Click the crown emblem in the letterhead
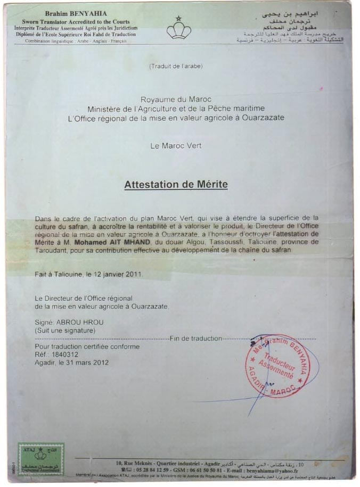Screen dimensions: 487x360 [179, 28]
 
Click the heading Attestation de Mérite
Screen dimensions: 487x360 [176, 185]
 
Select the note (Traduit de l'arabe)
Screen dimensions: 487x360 [176, 66]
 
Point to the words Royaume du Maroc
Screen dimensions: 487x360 [176, 100]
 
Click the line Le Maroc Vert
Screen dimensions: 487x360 [176, 145]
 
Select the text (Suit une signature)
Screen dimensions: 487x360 [65, 331]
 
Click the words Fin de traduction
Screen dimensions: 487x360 [195, 339]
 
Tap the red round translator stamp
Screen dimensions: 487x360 [278, 366]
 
